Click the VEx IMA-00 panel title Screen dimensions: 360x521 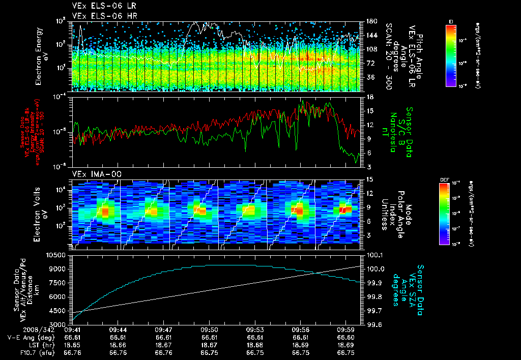point(93,174)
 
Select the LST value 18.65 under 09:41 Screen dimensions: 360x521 point(72,345)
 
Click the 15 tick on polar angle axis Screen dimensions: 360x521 point(366,179)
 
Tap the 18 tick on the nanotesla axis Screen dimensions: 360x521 point(366,97)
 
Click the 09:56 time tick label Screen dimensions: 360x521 point(300,329)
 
